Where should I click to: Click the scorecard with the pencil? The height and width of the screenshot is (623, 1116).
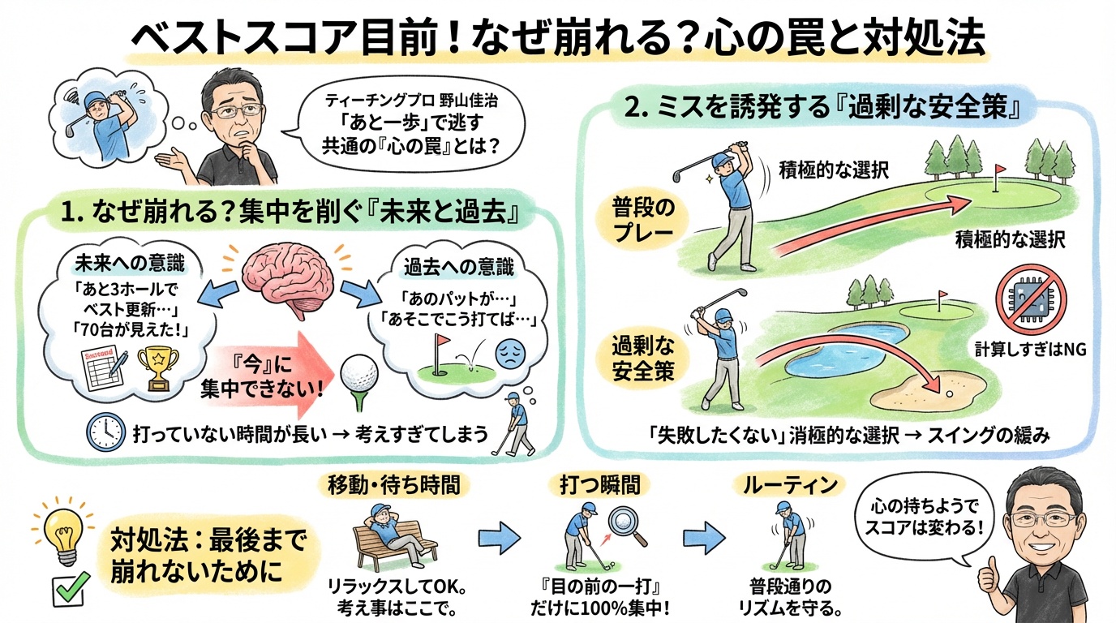103,366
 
